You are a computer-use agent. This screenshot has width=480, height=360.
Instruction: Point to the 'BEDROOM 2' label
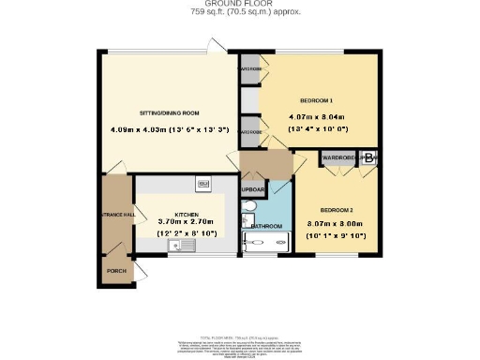click(x=336, y=209)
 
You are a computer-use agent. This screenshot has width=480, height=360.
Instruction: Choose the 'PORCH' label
click(x=116, y=272)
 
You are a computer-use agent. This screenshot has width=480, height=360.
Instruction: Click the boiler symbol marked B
click(x=369, y=159)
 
